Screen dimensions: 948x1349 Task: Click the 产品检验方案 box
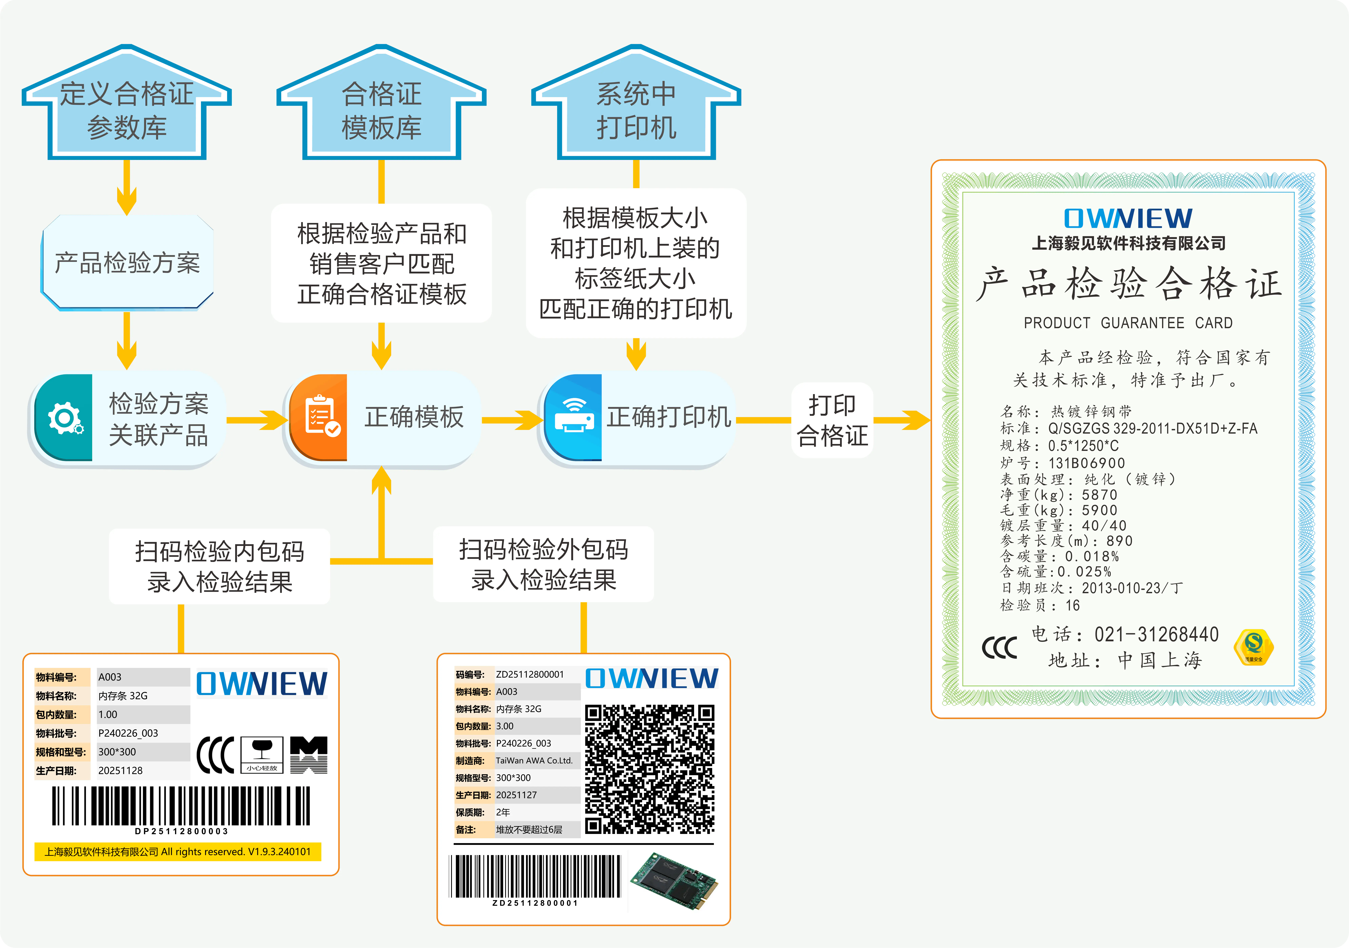[x=127, y=263]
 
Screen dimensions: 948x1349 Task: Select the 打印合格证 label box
[x=832, y=420]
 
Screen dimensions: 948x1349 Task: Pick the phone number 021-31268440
[x=1156, y=634]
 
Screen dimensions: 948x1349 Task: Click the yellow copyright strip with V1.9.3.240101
[x=177, y=852]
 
